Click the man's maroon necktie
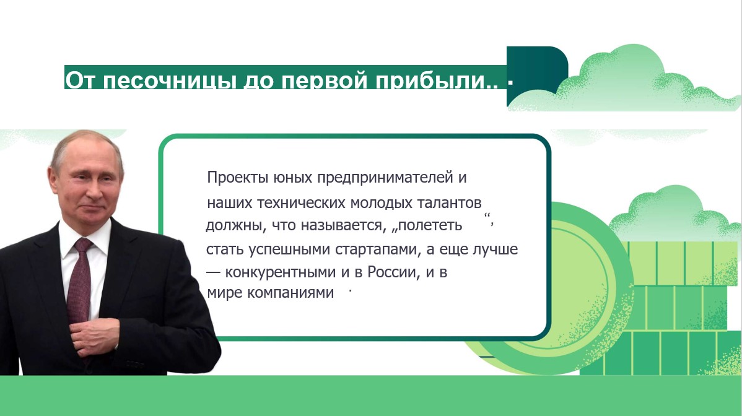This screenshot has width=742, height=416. pos(81,279)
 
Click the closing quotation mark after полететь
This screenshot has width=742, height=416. pos(490,218)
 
